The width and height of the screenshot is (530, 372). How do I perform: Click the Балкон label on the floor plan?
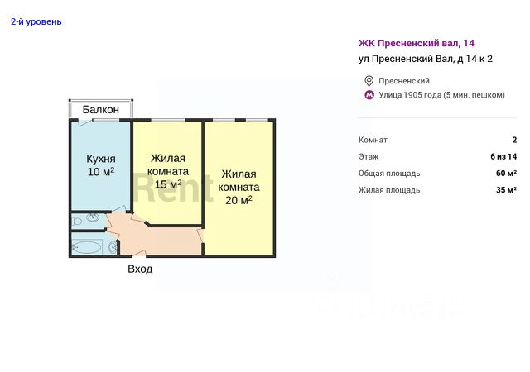101,109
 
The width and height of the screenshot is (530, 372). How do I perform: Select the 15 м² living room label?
168,171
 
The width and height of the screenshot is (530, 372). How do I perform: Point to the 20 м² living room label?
238,187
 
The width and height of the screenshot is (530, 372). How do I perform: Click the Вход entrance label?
140,269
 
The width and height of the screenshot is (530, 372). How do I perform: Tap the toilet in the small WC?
93,220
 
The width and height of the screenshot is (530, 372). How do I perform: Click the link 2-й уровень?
36,21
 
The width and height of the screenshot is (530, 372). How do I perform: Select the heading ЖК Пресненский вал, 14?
416,42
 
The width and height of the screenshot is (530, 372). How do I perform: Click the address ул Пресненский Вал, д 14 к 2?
426,59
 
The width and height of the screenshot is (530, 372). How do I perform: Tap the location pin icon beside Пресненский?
369,81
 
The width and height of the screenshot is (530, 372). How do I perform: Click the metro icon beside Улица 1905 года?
369,95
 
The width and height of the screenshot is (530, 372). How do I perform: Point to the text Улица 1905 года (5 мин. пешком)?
441,95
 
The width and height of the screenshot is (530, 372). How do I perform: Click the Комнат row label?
373,141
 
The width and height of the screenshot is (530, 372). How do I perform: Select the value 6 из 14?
503,157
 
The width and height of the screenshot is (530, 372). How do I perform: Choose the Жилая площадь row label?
389,190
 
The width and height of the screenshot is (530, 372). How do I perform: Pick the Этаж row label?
369,157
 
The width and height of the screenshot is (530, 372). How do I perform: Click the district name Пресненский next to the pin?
403,81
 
